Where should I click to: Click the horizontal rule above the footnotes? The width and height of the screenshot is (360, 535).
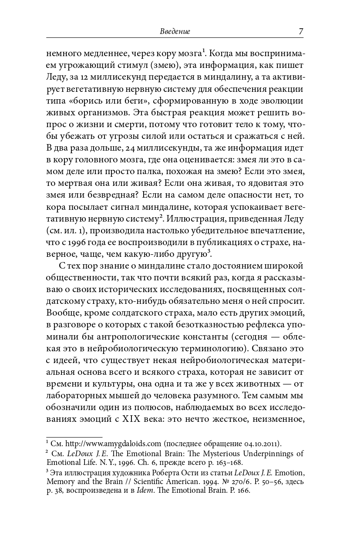pyautogui.click(x=74, y=436)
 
